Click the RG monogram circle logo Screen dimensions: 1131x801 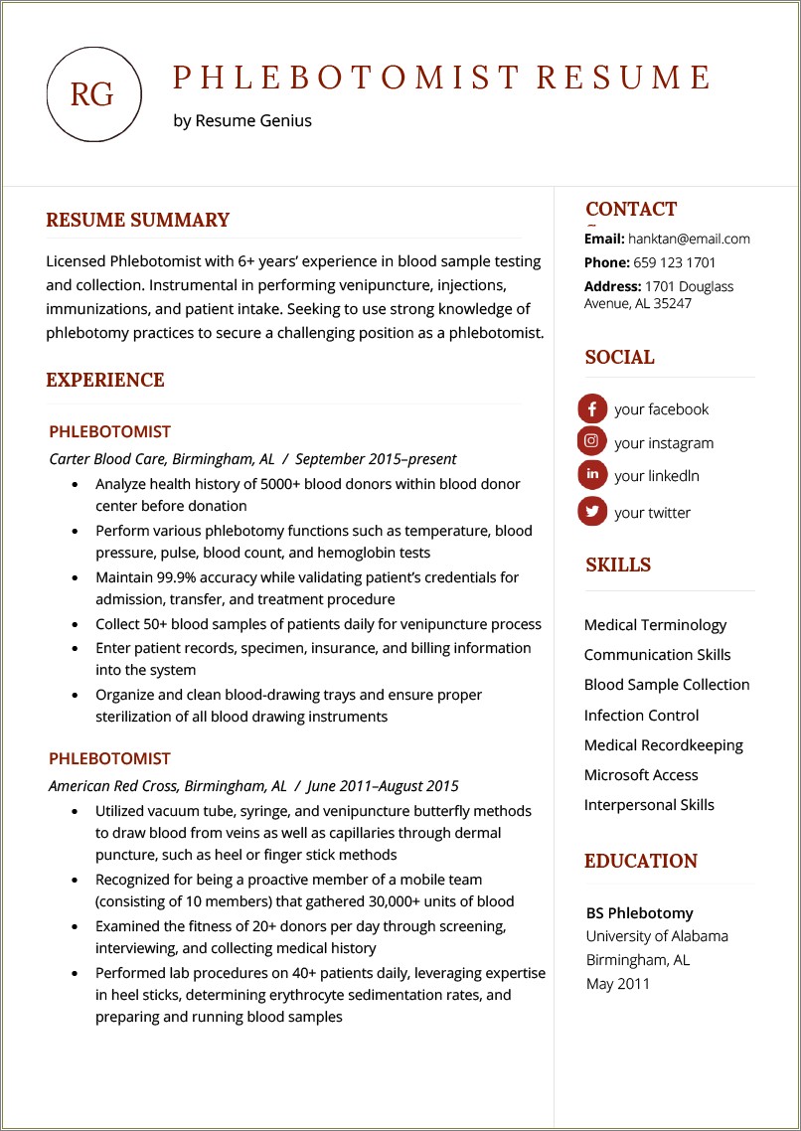click(93, 94)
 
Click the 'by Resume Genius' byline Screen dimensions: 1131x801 click(241, 121)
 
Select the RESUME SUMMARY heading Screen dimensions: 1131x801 click(137, 221)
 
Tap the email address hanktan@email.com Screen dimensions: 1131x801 click(689, 239)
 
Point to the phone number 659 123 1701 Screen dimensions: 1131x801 click(675, 262)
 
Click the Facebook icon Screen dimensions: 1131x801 click(592, 408)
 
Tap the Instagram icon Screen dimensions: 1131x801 click(592, 441)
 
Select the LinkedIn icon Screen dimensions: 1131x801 click(592, 475)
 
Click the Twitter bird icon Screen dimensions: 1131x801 click(592, 512)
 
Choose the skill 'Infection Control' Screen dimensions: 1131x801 click(641, 716)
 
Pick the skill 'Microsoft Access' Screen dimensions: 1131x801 click(641, 775)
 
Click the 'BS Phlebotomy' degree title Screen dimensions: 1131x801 click(639, 913)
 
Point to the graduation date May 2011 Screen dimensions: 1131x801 click(617, 984)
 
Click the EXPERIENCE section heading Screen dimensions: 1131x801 click(105, 381)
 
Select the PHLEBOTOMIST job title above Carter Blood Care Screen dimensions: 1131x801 click(109, 432)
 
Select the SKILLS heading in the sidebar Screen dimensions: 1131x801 click(618, 565)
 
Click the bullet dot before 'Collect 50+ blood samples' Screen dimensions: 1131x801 click(76, 625)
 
